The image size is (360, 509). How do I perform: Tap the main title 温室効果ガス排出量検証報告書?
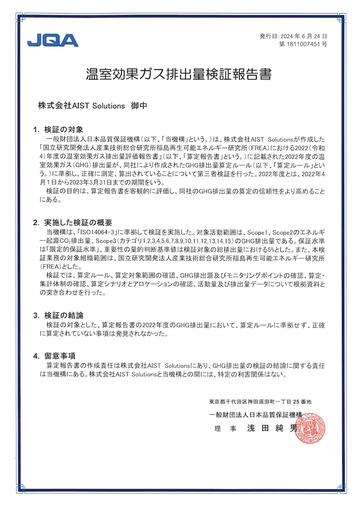click(179, 74)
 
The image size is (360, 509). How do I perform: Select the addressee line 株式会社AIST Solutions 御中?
click(92, 106)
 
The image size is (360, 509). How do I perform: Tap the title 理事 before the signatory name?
click(225, 429)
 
